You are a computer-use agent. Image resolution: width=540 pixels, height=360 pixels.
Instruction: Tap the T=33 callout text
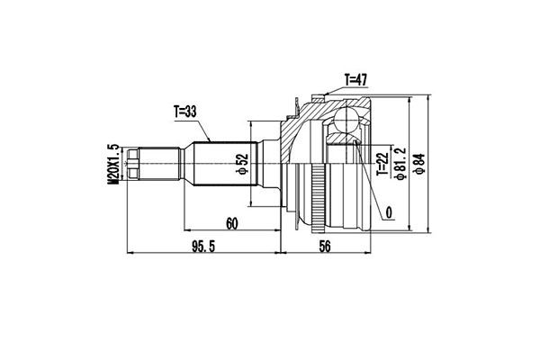click(x=186, y=112)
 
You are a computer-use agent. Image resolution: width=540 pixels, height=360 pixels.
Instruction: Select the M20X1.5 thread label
click(x=113, y=164)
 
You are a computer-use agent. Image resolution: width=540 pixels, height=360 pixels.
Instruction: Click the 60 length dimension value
click(x=232, y=225)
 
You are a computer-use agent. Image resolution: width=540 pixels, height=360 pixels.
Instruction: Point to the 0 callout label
click(x=388, y=213)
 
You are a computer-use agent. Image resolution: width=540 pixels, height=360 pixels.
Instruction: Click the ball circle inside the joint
click(x=346, y=121)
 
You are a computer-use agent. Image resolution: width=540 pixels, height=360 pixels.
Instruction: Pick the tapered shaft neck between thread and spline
click(x=184, y=164)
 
